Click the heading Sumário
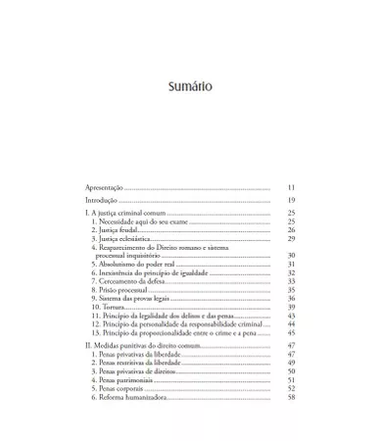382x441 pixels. point(190,86)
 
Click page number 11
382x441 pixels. point(291,186)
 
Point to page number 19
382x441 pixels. point(291,200)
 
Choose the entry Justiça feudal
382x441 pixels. point(117,230)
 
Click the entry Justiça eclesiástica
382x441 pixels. point(124,239)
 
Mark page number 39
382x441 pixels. point(291,307)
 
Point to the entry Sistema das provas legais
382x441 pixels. point(134,299)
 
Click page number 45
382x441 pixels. point(291,333)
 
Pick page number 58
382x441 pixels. point(291,398)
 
